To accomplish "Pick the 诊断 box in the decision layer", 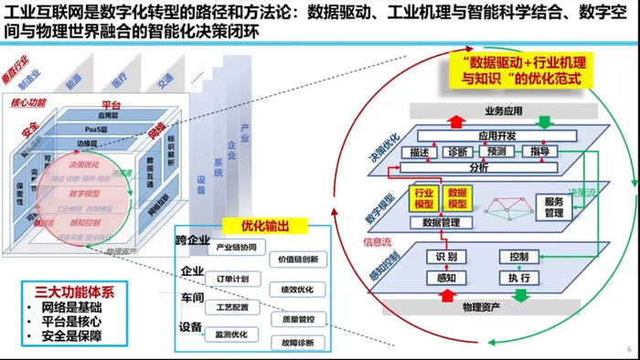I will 459,152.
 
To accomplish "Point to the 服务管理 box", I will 553,207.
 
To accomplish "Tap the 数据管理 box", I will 441,222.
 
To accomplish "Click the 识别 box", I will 447,258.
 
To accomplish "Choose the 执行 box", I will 519,278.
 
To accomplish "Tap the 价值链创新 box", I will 298,260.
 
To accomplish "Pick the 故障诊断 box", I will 298,344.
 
